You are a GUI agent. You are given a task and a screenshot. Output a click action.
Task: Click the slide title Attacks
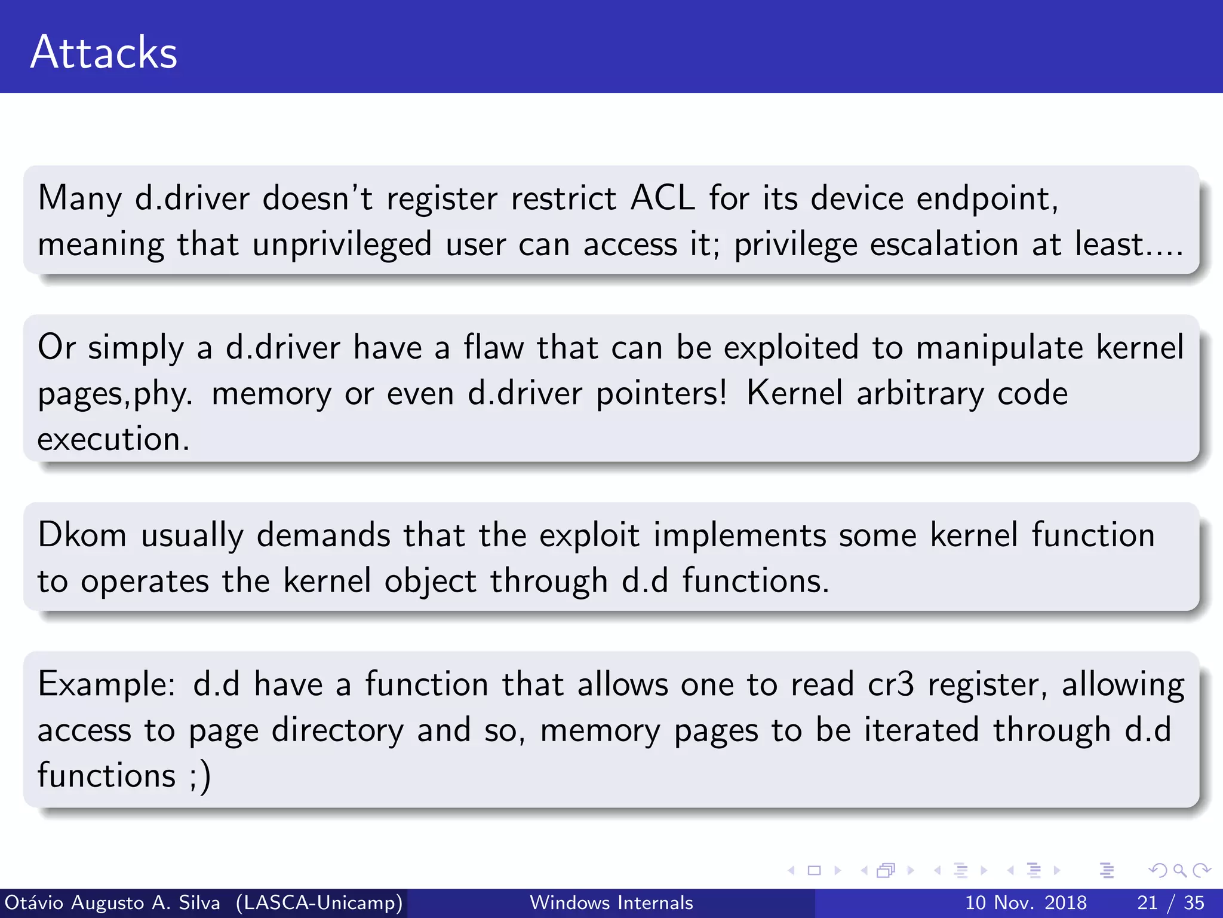tap(104, 53)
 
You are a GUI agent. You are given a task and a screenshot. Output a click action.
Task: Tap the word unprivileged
tap(342, 245)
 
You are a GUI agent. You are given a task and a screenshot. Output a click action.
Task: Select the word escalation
tap(944, 244)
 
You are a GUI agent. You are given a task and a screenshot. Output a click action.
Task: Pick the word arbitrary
tap(920, 394)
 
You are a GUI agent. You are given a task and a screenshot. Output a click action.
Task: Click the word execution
tap(113, 439)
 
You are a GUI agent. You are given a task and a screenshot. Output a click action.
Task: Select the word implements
tap(739, 535)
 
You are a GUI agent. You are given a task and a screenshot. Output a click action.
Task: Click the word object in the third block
tap(430, 582)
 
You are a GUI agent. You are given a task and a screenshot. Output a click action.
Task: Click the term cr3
tap(890, 684)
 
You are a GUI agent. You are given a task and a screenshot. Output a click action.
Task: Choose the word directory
tap(337, 731)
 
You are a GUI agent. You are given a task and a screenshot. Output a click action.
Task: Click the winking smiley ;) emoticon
tap(200, 776)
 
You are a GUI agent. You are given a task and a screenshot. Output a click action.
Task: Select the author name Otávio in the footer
tap(33, 902)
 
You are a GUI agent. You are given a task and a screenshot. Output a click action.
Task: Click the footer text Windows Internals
tap(611, 902)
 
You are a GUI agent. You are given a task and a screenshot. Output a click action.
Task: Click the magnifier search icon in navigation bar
tap(1179, 870)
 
